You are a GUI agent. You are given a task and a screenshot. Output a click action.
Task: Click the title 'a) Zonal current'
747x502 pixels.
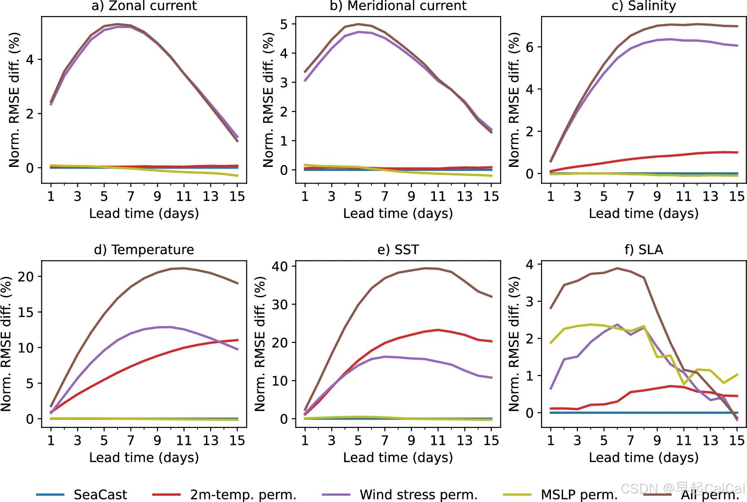144,6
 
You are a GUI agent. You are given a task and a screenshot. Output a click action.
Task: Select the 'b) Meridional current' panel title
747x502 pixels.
398,6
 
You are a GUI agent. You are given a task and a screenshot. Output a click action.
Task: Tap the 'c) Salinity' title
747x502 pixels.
644,6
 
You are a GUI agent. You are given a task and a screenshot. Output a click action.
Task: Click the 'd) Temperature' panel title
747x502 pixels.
144,250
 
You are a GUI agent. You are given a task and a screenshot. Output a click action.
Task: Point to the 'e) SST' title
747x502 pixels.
398,250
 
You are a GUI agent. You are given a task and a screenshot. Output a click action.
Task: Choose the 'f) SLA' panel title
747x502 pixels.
644,250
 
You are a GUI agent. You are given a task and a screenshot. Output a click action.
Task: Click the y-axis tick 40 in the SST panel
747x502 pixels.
280,266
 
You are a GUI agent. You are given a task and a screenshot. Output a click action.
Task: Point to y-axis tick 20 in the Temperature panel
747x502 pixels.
26,277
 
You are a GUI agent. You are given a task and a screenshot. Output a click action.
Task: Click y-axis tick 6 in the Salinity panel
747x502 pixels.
530,47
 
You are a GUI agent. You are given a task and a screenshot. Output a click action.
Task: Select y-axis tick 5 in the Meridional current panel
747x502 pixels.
284,24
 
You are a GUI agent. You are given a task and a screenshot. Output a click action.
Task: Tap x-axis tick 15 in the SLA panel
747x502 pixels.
737,440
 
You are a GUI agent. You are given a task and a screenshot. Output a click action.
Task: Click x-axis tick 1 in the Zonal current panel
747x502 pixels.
51,196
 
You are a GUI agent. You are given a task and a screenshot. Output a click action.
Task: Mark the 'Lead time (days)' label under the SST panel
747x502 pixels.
398,457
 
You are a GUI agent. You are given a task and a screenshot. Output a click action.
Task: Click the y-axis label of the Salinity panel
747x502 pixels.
514,100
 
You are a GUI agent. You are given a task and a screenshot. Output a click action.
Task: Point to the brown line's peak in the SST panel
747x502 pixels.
425,268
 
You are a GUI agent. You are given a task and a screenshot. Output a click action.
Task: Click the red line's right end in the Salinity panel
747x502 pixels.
737,152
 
